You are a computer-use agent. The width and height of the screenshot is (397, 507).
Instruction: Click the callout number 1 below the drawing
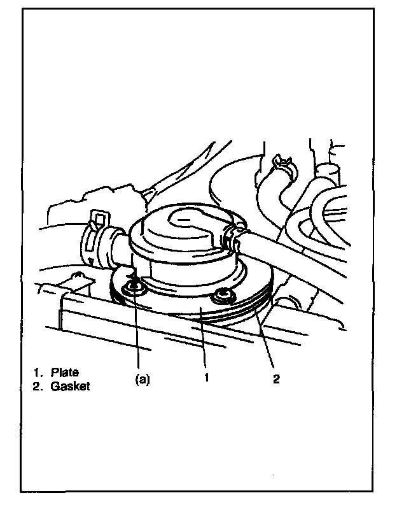click(207, 377)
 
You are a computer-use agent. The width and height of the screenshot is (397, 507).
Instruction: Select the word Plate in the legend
click(65, 373)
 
